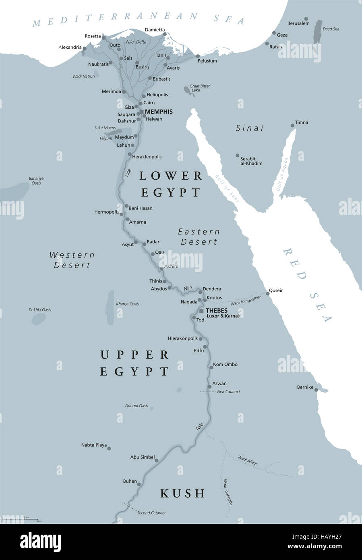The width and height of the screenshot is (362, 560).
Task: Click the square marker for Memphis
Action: point(141,112)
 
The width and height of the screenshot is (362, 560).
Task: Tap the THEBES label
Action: point(217,311)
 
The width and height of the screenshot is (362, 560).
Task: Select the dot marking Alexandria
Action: point(85,48)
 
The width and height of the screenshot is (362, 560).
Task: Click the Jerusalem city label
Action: point(299,23)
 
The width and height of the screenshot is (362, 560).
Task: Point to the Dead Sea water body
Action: point(318,32)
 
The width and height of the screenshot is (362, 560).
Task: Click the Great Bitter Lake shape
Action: point(188,91)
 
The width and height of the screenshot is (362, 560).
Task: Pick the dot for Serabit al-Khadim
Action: point(238,155)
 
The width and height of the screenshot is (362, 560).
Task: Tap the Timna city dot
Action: point(293,126)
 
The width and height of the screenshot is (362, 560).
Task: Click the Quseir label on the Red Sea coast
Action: point(276,290)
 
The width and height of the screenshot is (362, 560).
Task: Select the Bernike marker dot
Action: point(316,390)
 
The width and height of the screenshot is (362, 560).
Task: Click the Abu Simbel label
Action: point(142,457)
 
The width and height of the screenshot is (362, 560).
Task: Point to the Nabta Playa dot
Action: point(109,448)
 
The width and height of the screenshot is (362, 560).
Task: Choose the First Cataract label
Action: point(229,392)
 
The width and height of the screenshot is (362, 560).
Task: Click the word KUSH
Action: point(182,493)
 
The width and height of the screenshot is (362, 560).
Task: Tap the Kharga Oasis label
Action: point(127,304)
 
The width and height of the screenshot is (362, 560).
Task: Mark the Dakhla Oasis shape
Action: point(39,319)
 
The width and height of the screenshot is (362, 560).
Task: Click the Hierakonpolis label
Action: point(182,338)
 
